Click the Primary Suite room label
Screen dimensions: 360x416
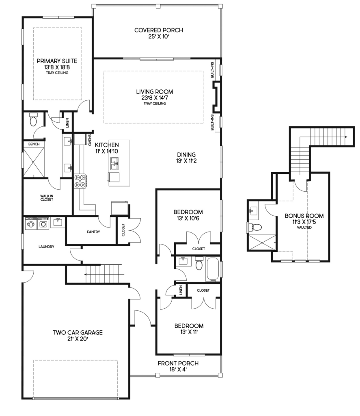(57, 61)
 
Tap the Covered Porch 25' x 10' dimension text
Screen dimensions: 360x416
(159, 37)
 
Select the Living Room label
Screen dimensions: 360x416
(155, 91)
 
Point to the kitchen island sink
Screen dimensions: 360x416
(114, 164)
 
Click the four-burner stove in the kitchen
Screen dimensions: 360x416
(80, 181)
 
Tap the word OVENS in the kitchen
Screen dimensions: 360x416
(90, 140)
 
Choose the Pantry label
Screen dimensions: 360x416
(93, 232)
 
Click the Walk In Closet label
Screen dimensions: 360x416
(47, 198)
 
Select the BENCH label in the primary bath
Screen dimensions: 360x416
(34, 144)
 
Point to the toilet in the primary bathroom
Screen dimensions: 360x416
(33, 120)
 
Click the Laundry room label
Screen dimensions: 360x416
(46, 247)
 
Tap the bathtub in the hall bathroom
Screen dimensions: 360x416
(213, 269)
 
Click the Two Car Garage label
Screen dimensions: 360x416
(78, 332)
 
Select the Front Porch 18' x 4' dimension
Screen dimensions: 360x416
(178, 369)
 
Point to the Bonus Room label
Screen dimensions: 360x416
(304, 216)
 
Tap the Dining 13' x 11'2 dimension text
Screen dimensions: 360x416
(186, 161)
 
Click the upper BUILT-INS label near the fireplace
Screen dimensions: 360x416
(212, 70)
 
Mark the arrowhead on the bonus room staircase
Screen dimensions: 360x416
(346, 137)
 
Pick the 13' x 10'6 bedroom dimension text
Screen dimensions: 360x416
(188, 218)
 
